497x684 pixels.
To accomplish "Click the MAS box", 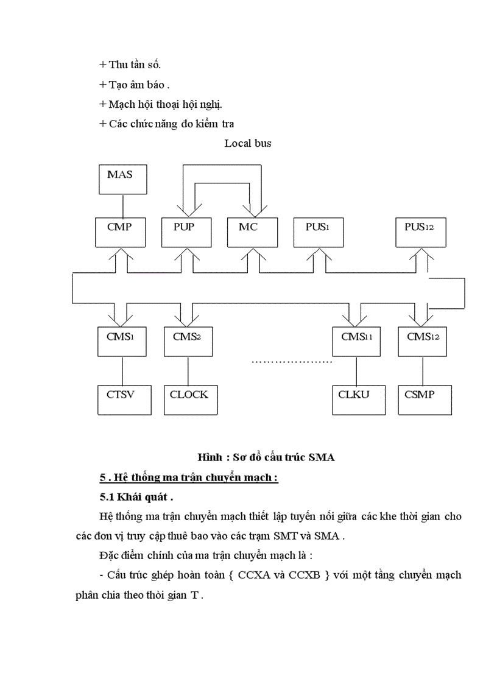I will (x=123, y=179).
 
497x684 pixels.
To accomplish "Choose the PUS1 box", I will (x=317, y=231).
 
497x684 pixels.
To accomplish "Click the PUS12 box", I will (x=420, y=231).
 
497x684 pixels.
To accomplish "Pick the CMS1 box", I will (x=122, y=341).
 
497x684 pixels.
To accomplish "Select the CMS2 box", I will (x=188, y=341).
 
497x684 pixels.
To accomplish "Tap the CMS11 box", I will (x=356, y=341).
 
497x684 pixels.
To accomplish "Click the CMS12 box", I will (x=422, y=341).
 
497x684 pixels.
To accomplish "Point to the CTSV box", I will (x=122, y=400).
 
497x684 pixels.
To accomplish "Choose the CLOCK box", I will (x=188, y=400).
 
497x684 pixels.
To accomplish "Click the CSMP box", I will (x=422, y=400).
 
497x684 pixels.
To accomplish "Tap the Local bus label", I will (x=248, y=144).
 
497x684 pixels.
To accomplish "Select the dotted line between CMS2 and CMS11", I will (x=292, y=361).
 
